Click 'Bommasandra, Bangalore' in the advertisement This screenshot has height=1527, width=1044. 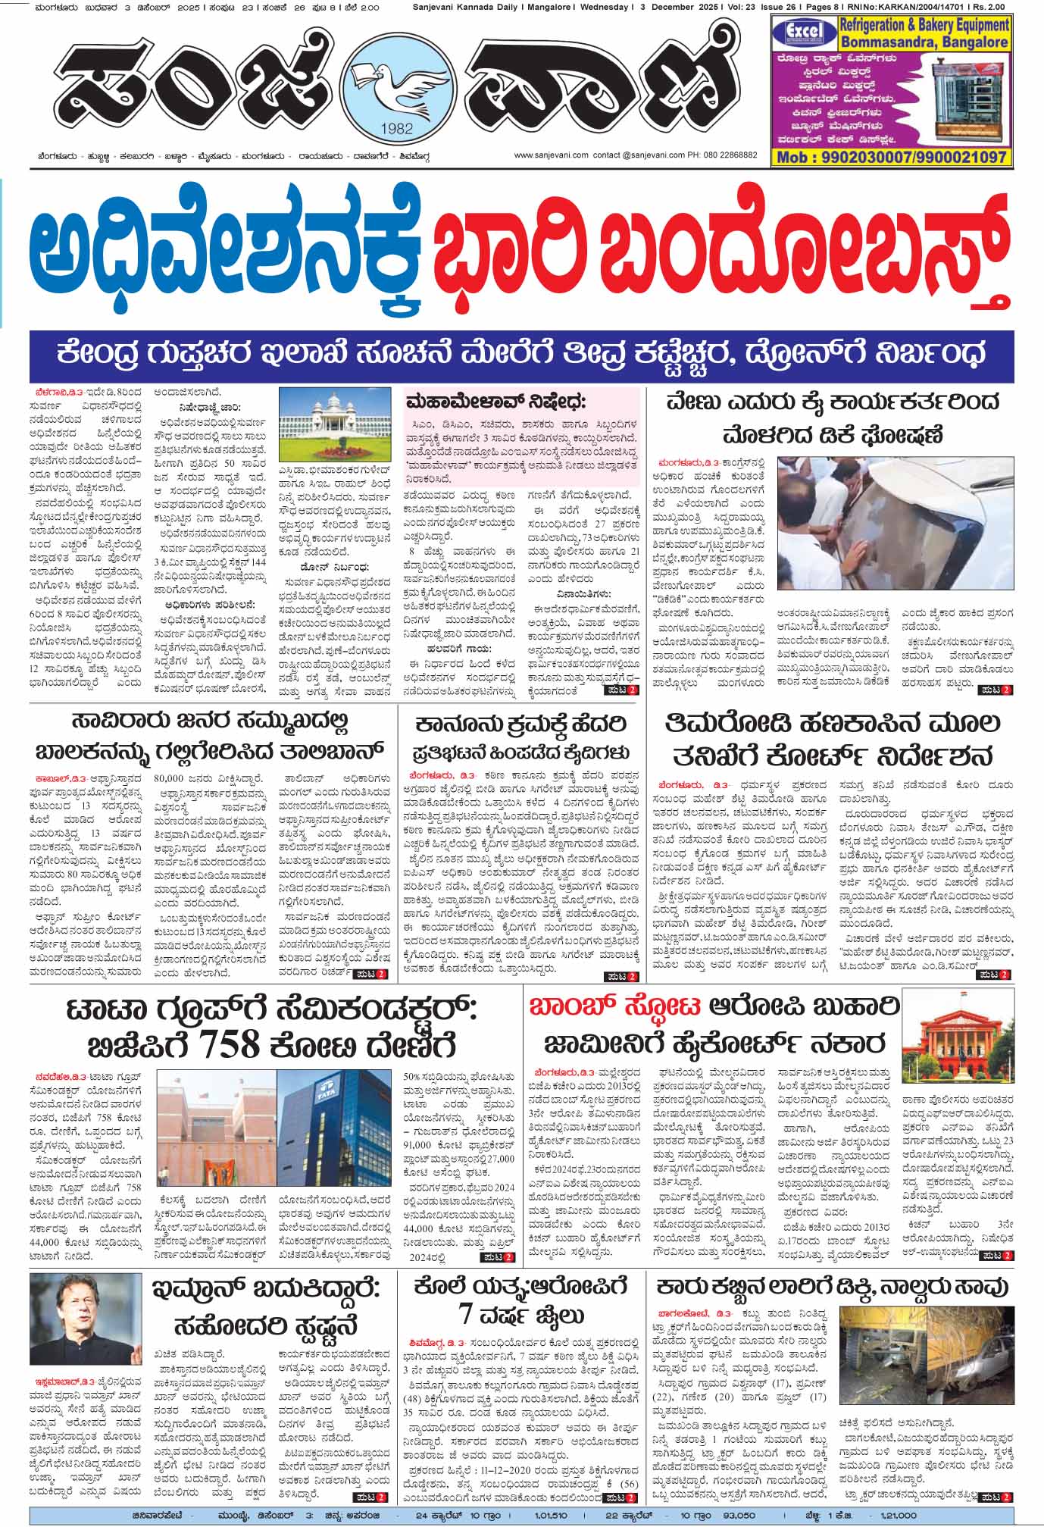pos(923,43)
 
